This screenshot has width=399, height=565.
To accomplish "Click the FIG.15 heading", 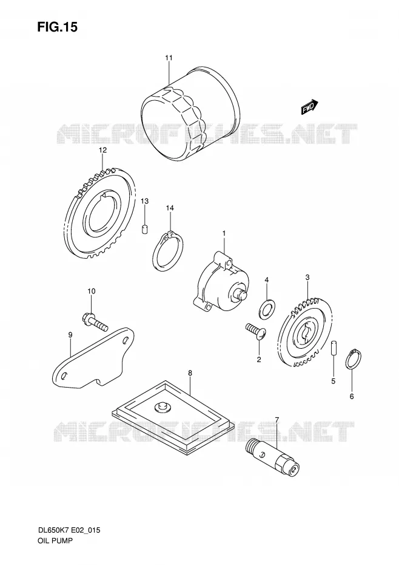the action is point(57,27).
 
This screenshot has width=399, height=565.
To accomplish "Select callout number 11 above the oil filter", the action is point(169,58).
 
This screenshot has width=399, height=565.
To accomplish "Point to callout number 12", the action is point(103,150).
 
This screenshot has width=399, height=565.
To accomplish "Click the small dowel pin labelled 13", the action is point(145,229).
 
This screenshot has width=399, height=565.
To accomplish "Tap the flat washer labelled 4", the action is point(267,309).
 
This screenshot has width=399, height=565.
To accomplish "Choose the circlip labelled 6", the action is point(354,359).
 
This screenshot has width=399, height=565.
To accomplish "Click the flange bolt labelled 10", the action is point(95,322).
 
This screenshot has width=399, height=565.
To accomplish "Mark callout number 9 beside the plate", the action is point(70,335).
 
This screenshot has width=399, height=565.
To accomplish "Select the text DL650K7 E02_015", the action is point(69,530).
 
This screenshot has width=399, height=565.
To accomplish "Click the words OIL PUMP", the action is point(55,541).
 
